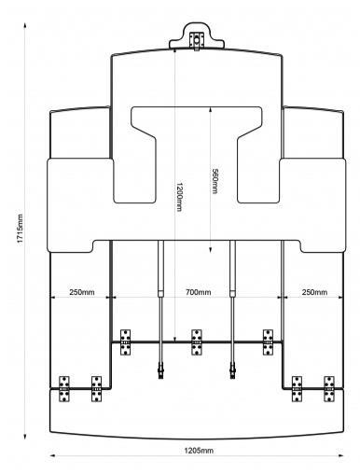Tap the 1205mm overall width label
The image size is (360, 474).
pyautogui.click(x=199, y=450)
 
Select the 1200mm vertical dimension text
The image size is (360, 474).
pyautogui.click(x=179, y=197)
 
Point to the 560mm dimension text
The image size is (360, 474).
pyautogui.click(x=215, y=181)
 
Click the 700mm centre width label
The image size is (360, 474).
pyautogui.click(x=199, y=292)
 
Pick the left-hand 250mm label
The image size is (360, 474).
pyautogui.click(x=82, y=292)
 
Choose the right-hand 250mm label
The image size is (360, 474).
pyautogui.click(x=314, y=292)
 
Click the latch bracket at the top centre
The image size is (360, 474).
pyautogui.click(x=197, y=40)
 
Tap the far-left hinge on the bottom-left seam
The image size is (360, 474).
pyautogui.click(x=64, y=389)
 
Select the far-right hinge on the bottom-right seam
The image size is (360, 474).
pyautogui.click(x=329, y=389)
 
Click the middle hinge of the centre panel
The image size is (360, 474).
pyautogui.click(x=197, y=342)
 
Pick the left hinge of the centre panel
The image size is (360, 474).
pyautogui.click(x=125, y=342)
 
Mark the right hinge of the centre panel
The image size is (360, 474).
pyautogui.click(x=268, y=342)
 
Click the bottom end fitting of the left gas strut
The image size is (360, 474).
pyautogui.click(x=160, y=370)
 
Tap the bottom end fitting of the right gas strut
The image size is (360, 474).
pyautogui.click(x=232, y=370)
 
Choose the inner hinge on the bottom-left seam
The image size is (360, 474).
pyautogui.click(x=96, y=389)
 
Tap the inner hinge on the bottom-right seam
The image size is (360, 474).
pyautogui.click(x=297, y=389)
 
